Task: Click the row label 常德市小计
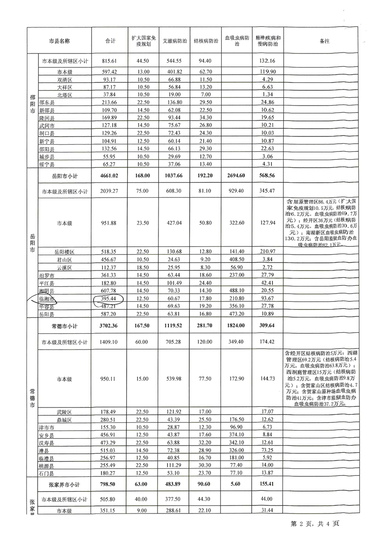pyautogui.click(x=65, y=326)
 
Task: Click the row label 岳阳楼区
pyautogui.click(x=65, y=252)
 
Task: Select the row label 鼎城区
pyautogui.click(x=65, y=420)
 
